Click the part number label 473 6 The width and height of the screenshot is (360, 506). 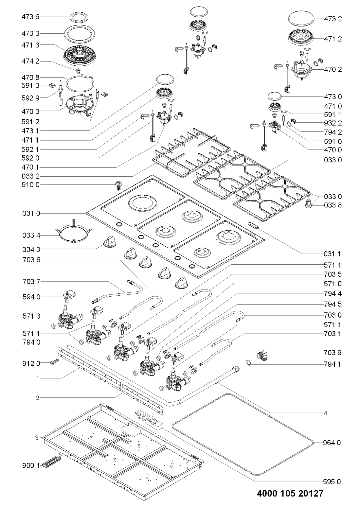[x=30, y=17]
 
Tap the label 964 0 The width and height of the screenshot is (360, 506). [x=332, y=443]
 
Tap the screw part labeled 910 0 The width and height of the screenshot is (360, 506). [x=118, y=185]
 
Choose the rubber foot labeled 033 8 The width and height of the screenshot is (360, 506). [x=309, y=203]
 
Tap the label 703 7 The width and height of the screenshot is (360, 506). [x=31, y=282]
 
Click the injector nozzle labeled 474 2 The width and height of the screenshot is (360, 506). [x=79, y=70]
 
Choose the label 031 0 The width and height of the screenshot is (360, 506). [x=31, y=213]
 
